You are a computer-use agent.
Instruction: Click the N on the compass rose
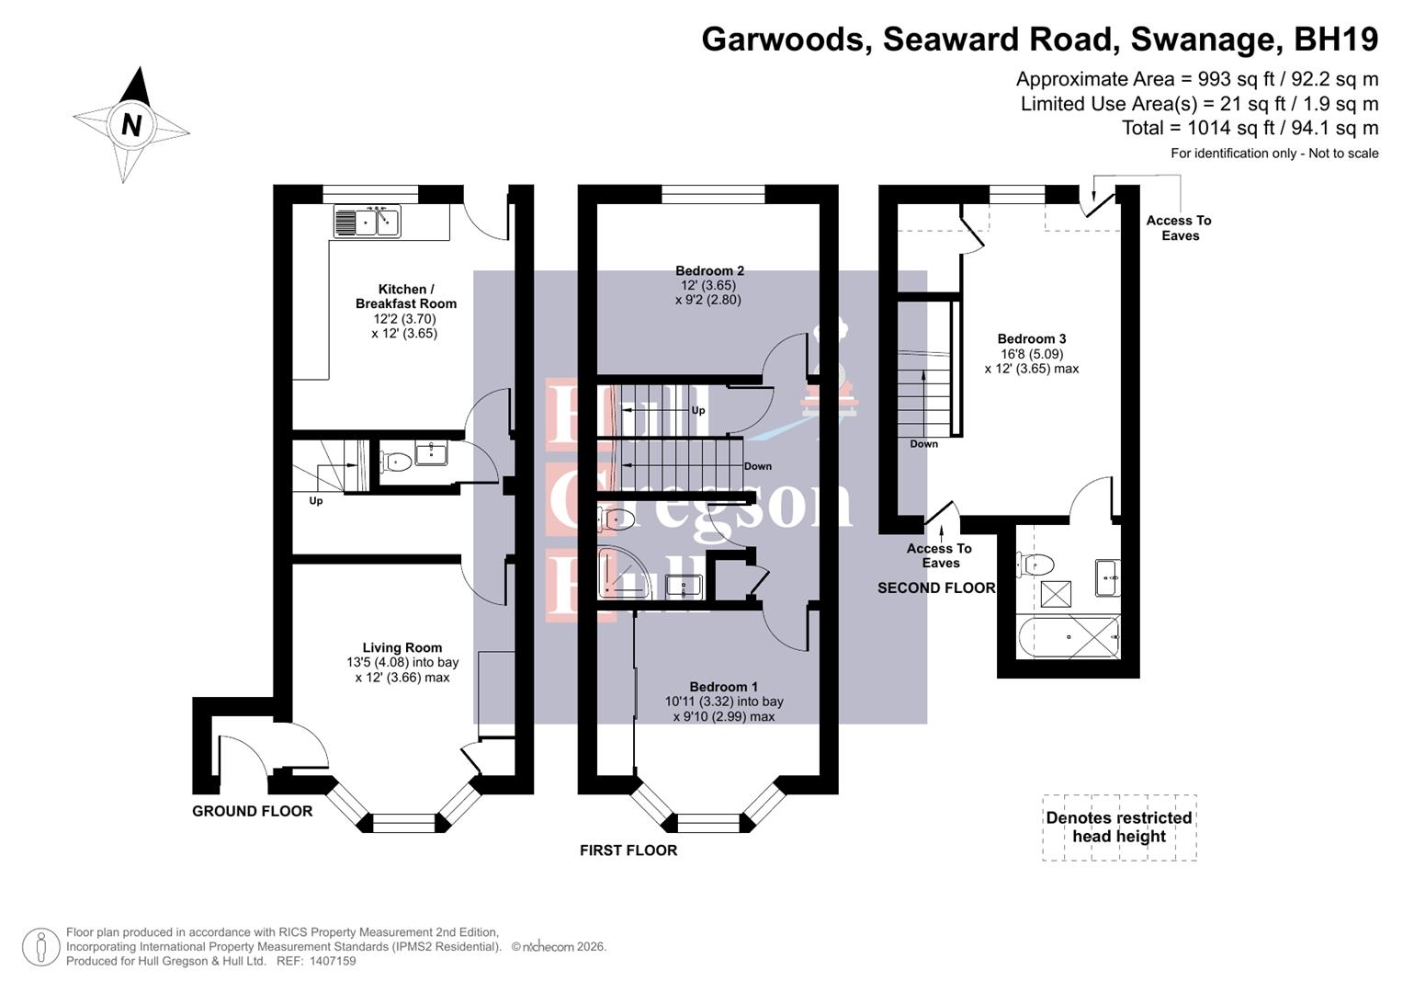pos(131,124)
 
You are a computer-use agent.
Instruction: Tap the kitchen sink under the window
pos(367,223)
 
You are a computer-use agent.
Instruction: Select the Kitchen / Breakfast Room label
pos(405,296)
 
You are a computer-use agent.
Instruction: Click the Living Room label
pos(402,647)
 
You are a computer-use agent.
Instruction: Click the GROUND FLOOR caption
pos(252,811)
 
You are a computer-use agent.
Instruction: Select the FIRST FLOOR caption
pos(628,850)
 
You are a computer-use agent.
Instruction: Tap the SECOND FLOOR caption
pos(935,588)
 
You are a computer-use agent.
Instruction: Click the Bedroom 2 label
pos(709,270)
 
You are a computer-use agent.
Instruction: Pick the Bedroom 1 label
pos(723,687)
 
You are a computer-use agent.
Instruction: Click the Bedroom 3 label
pos(1031,338)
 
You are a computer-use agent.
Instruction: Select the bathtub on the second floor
pos(1069,636)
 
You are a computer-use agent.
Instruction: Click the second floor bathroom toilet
pos(1035,564)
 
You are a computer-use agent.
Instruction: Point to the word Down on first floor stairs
pos(757,466)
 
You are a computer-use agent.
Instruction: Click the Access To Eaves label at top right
pos(1179,228)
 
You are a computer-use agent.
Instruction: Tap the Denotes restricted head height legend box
pos(1118,827)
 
